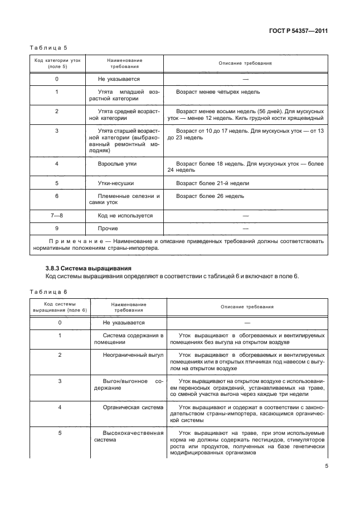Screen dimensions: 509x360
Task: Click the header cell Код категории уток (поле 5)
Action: click(57, 63)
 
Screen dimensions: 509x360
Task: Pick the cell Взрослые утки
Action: click(117, 164)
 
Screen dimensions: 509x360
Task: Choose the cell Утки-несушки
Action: click(116, 183)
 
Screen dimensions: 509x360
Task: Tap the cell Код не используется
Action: click(125, 215)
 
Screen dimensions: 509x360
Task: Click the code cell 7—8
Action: click(57, 215)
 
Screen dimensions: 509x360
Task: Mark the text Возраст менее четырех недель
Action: click(217, 91)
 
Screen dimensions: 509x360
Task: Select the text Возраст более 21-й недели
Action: click(212, 183)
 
